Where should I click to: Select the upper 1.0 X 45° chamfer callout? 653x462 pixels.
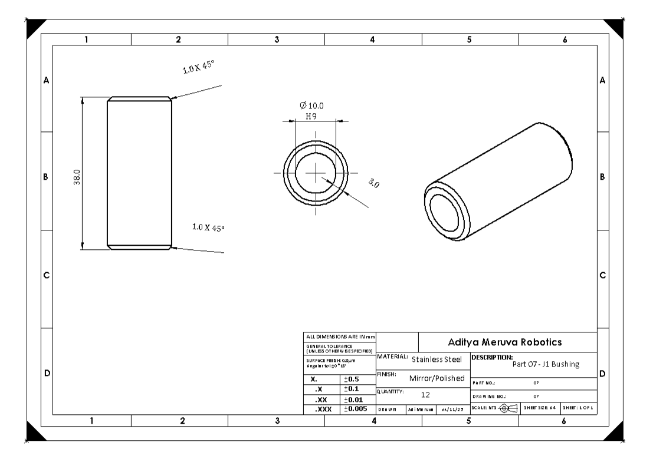point(198,67)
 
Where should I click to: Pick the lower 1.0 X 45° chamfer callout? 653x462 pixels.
point(208,227)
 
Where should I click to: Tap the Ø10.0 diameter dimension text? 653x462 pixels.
point(311,105)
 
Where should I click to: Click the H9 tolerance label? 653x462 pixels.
point(312,116)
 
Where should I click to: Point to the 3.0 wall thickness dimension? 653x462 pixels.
point(373,183)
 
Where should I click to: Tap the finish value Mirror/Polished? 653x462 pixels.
point(437,378)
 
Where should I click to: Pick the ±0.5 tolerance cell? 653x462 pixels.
point(353,379)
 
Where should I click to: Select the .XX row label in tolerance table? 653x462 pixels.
point(321,399)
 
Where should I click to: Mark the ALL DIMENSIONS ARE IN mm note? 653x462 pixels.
point(339,336)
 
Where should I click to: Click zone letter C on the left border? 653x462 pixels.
point(46,275)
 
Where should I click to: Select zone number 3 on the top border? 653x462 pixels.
point(276,39)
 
